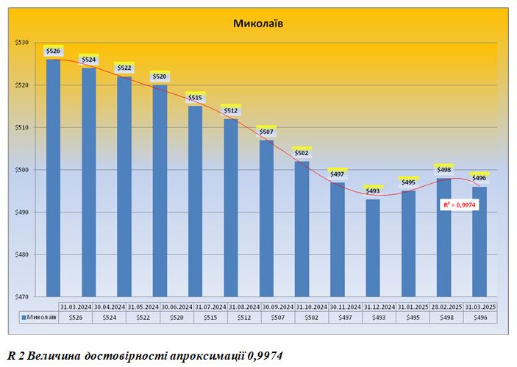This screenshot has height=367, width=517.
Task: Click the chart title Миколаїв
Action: (x=258, y=24)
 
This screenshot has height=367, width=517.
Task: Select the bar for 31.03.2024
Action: (x=53, y=177)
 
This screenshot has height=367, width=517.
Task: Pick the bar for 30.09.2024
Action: (x=266, y=218)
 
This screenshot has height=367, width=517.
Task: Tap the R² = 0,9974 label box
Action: (x=460, y=205)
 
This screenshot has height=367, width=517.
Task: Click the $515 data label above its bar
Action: (x=196, y=98)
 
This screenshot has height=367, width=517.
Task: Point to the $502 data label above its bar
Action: (x=302, y=153)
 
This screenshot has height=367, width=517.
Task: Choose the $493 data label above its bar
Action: (x=373, y=191)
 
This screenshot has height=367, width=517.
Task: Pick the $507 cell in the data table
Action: (x=278, y=318)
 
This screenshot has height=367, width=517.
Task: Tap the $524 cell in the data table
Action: (x=109, y=318)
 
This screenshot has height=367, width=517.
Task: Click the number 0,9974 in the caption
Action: (x=262, y=354)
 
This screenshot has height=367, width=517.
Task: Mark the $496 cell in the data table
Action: (x=481, y=318)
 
